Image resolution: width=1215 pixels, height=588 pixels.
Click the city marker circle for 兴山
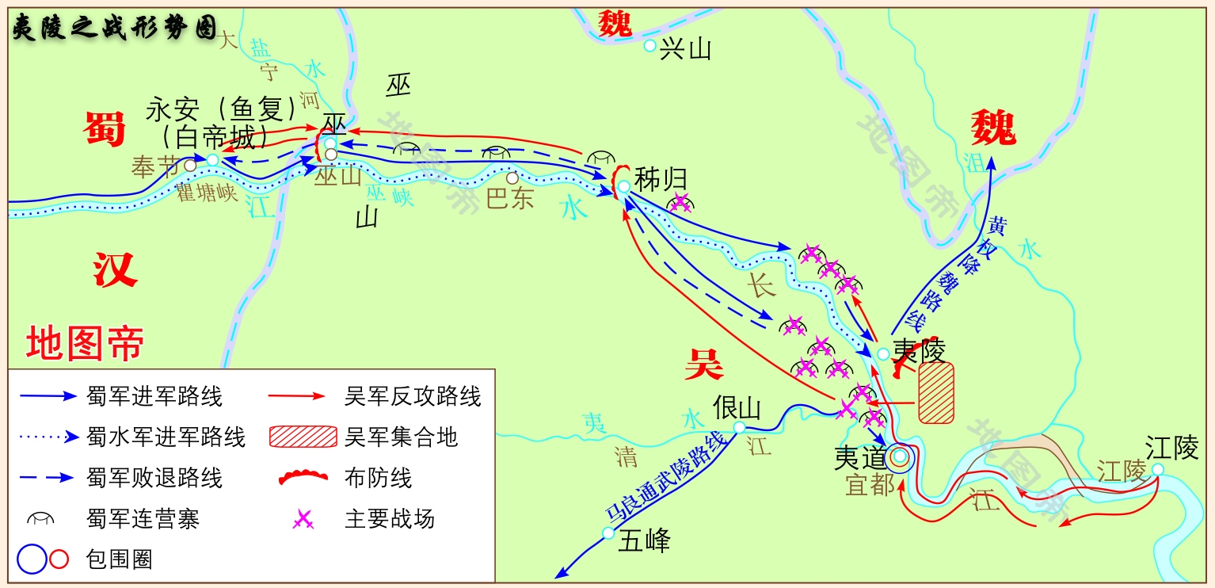649,46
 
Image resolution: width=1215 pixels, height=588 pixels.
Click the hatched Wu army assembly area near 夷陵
936,392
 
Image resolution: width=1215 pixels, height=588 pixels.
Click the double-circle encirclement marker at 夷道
900,456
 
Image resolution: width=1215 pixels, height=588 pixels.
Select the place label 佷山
737,407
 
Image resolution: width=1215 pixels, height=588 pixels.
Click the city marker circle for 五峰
608,533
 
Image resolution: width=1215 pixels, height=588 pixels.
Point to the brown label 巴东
510,198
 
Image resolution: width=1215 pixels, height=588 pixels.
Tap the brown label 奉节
156,167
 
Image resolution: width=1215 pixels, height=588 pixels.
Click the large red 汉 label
116,269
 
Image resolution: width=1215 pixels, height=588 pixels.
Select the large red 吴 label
704,364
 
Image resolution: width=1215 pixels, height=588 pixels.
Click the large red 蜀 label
105,128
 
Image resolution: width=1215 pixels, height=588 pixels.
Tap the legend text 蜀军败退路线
154,478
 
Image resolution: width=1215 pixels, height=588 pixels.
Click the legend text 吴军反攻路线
413,396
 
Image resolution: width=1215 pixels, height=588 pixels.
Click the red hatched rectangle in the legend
303,437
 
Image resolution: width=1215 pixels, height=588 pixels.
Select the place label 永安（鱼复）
221,109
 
